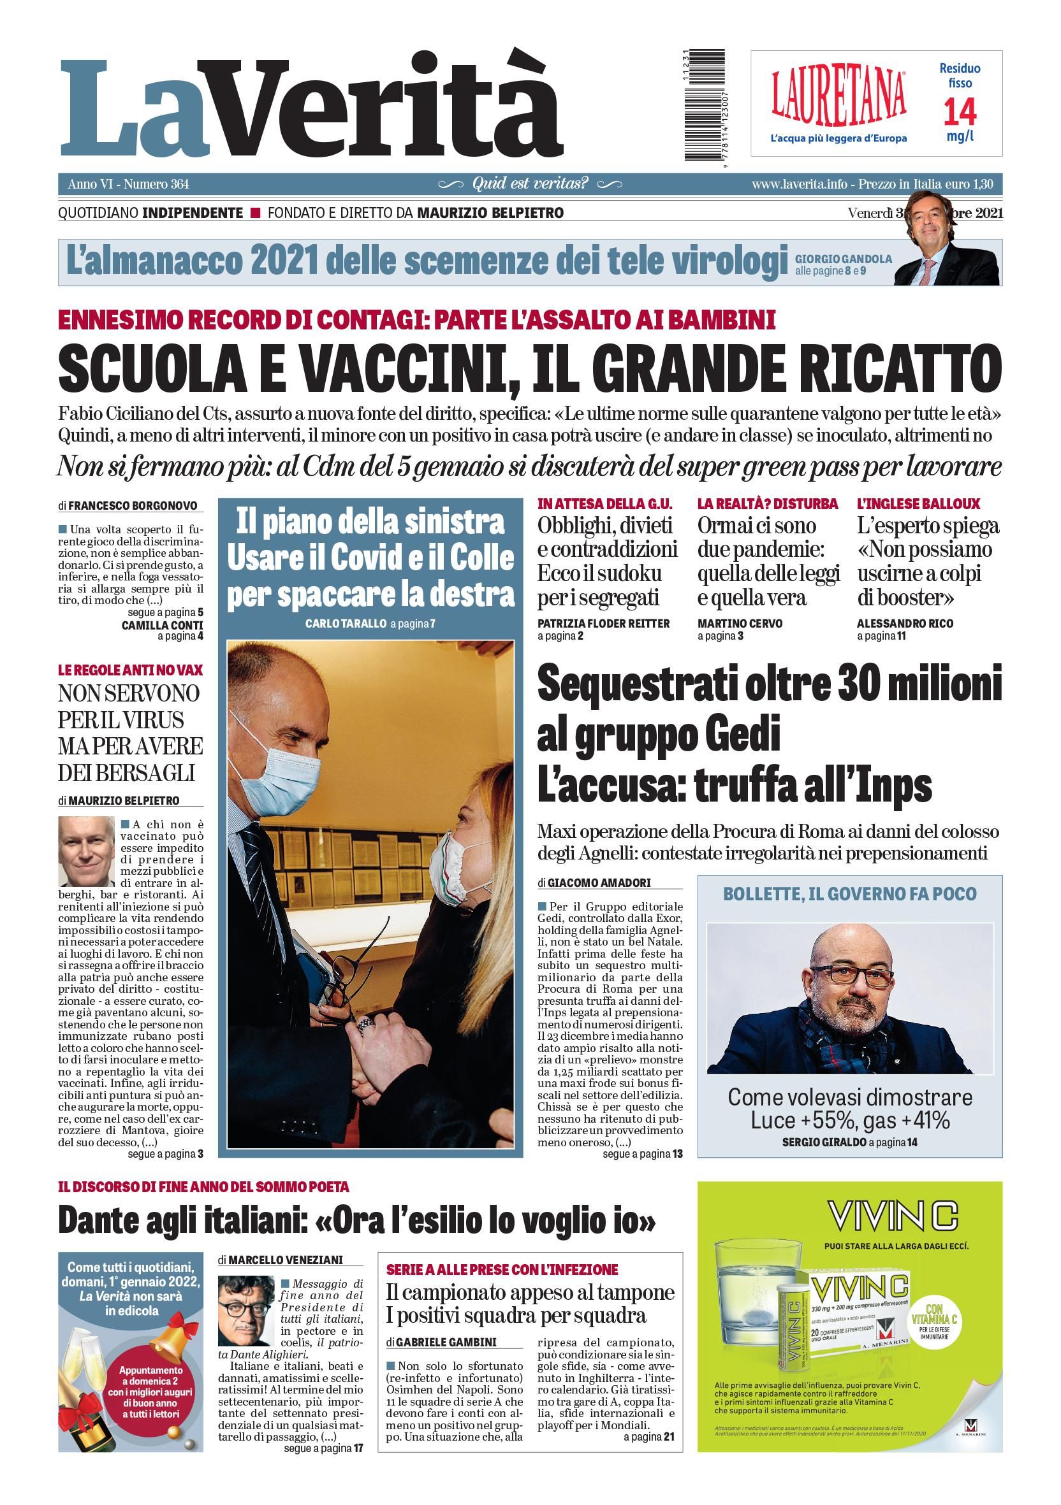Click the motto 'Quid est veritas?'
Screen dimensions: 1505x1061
[530, 184]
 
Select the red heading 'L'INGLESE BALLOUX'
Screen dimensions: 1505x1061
[918, 504]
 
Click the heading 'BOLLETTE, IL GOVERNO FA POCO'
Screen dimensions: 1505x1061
[849, 894]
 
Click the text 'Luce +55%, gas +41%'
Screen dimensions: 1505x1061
[850, 1120]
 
